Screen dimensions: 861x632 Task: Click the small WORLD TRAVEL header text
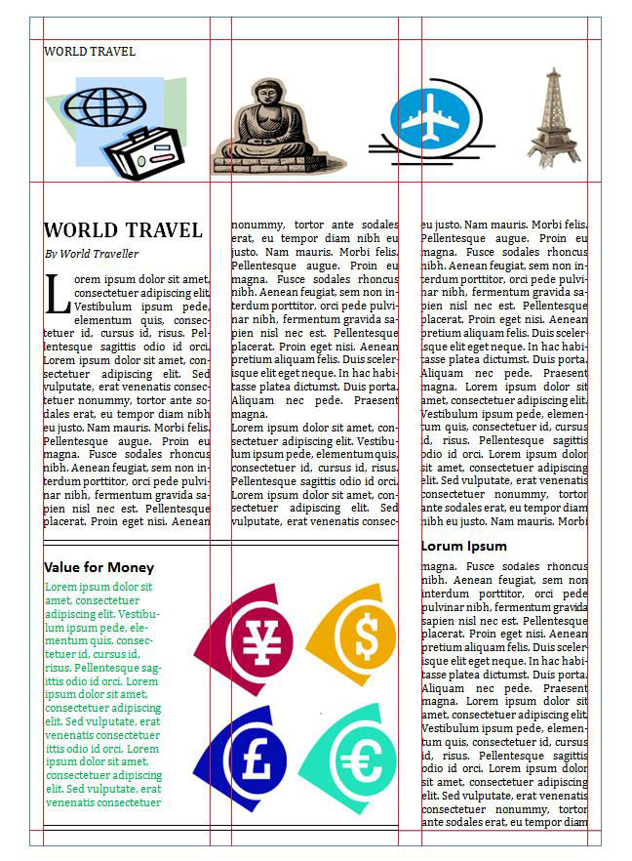point(90,52)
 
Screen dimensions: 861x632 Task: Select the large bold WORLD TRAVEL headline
point(123,231)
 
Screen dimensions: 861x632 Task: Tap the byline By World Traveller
point(91,254)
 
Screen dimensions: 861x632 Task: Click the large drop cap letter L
point(56,293)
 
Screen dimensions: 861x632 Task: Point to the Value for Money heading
point(99,567)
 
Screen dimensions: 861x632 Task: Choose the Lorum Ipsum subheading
point(464,546)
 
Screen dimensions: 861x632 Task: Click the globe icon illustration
point(105,104)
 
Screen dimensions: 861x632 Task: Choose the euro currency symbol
point(361,760)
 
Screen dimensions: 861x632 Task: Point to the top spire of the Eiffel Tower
point(554,72)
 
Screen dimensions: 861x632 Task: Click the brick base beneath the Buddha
point(263,167)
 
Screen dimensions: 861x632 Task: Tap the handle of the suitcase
point(143,134)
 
